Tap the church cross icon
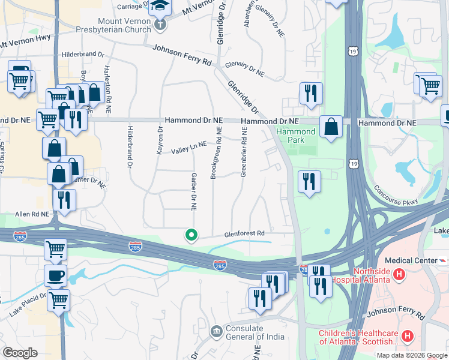click(x=160, y=25)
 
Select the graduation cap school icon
click(x=160, y=6)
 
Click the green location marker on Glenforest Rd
click(x=191, y=235)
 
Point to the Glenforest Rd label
click(x=244, y=233)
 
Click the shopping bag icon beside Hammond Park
click(x=331, y=127)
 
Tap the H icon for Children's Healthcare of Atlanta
click(x=408, y=336)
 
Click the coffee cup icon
click(x=56, y=275)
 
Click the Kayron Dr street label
click(x=160, y=140)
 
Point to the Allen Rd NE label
click(x=31, y=214)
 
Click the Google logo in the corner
click(x=20, y=352)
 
